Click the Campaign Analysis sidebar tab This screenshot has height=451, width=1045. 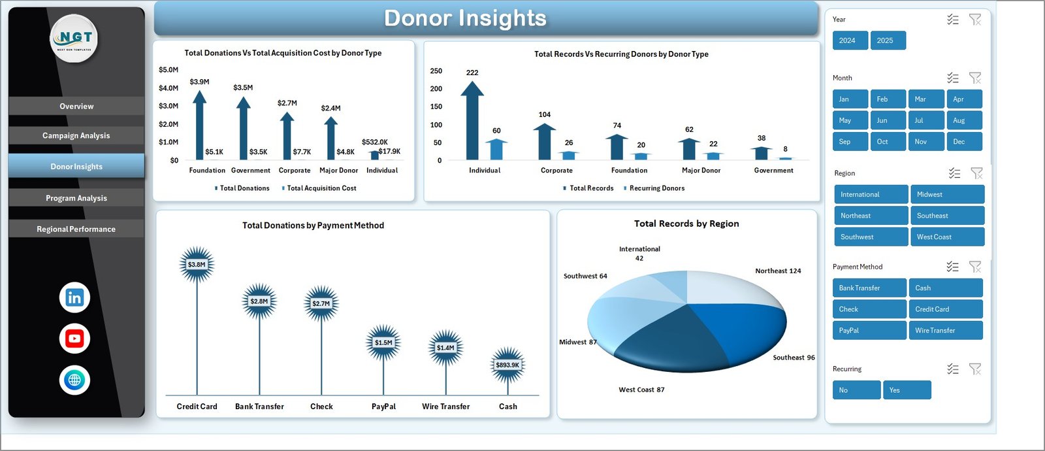coord(76,136)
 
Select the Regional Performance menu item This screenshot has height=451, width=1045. coord(76,229)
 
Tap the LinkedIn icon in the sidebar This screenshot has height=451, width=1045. coord(74,298)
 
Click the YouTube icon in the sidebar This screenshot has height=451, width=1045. coord(74,339)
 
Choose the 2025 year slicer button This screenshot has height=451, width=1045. coord(888,41)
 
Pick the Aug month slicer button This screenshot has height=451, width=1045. coord(963,120)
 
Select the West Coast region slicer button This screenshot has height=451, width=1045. coord(947,237)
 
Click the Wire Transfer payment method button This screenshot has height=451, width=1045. coord(945,331)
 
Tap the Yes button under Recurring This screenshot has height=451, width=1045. coord(907,390)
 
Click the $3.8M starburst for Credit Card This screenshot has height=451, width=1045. coord(197,265)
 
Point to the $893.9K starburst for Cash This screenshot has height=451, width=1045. coord(507,365)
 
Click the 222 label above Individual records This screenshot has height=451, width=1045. coord(472,73)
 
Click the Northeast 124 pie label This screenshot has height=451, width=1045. coord(778,271)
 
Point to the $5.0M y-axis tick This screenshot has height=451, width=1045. coord(169,70)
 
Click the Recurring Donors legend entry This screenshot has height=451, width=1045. coord(656,188)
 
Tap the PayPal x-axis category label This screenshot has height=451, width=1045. coord(383,407)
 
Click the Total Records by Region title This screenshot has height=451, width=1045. coord(686,224)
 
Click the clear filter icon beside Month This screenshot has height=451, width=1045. coord(975,78)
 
